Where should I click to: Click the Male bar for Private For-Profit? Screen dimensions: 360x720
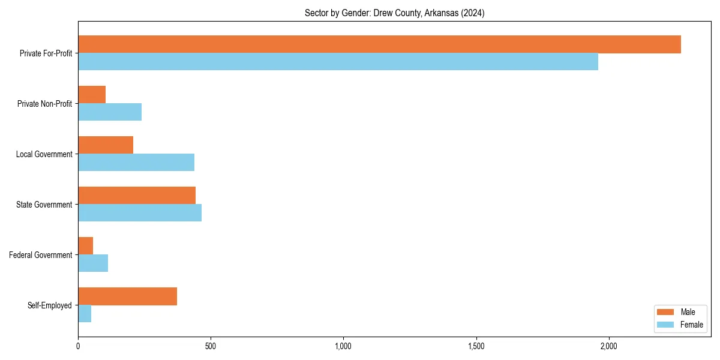point(379,44)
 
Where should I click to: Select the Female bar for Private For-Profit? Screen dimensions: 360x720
point(338,62)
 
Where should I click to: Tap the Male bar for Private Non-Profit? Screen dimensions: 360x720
point(92,95)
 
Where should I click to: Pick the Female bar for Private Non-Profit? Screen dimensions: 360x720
point(110,112)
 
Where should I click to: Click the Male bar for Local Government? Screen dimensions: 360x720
point(106,145)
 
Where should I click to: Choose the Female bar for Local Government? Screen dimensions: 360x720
point(136,163)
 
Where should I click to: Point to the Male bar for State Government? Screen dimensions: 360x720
point(137,196)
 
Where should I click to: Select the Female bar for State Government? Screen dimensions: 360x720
point(140,213)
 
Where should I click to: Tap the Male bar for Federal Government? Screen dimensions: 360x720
point(86,246)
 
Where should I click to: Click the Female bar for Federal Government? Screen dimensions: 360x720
point(93,263)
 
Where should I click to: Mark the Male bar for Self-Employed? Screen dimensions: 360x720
point(127,296)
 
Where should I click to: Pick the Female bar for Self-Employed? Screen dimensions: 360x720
point(85,314)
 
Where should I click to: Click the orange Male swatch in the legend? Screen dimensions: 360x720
point(665,312)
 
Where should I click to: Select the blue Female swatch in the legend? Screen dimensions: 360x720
point(665,325)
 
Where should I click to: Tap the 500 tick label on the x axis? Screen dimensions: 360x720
point(211,347)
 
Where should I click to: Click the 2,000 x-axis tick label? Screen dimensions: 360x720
point(608,347)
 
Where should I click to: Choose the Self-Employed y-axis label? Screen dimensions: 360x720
point(50,305)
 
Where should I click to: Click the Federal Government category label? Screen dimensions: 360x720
point(41,255)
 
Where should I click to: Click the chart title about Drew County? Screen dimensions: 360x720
point(394,13)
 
